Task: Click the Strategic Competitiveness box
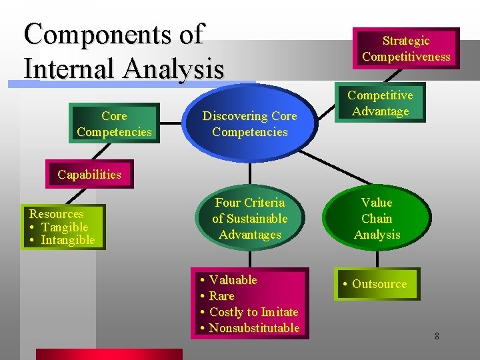tap(406, 49)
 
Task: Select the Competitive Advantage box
tap(380, 103)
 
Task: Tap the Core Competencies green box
tap(114, 124)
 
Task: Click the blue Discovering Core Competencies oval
tap(250, 124)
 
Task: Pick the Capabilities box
tap(89, 175)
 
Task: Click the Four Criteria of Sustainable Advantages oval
tap(250, 219)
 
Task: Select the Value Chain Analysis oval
tap(377, 219)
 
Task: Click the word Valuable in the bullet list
tap(233, 280)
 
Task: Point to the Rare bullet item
tap(221, 296)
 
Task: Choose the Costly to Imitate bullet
tap(253, 312)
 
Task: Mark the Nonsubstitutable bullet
tap(254, 328)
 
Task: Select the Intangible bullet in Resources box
tap(67, 240)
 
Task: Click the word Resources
tap(56, 214)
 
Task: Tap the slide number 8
tap(437, 336)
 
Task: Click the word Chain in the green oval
tap(377, 219)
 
